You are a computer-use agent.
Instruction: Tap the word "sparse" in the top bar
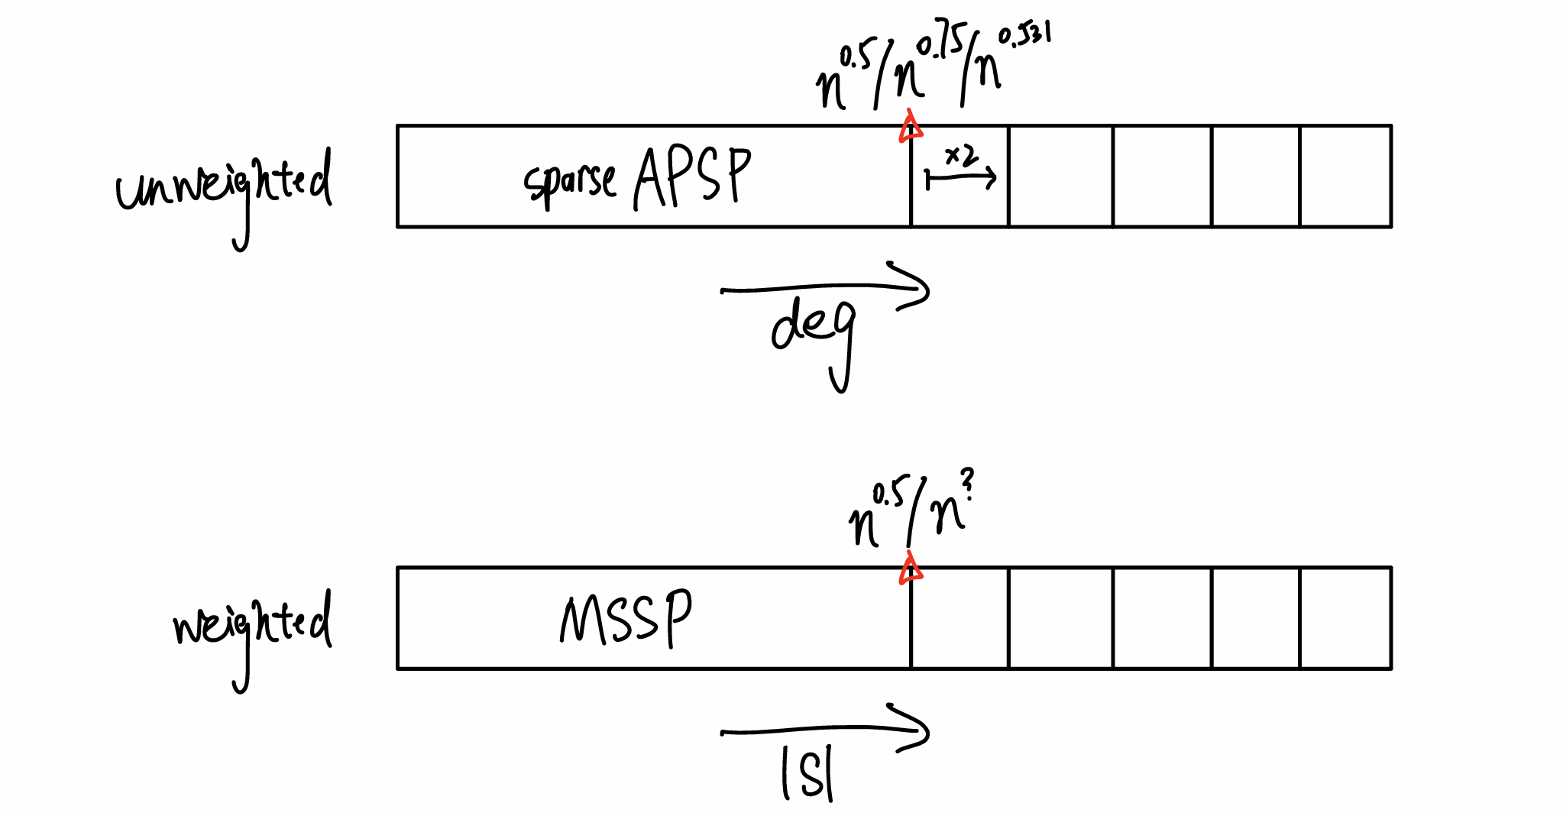click(x=569, y=182)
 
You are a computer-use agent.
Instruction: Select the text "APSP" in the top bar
click(x=692, y=177)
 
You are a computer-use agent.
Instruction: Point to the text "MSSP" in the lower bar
click(x=626, y=619)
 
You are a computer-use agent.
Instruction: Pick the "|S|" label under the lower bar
click(x=807, y=773)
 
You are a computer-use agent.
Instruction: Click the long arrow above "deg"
click(x=825, y=288)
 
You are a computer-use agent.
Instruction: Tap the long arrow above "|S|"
click(x=825, y=730)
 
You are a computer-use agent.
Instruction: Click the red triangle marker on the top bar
click(x=910, y=128)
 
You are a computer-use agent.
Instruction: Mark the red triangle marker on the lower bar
click(x=910, y=570)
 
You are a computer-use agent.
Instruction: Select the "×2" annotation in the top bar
click(x=960, y=156)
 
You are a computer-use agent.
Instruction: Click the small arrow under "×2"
click(x=960, y=179)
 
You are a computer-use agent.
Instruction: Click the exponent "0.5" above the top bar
click(x=855, y=57)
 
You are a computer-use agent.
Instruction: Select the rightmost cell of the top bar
click(x=1345, y=176)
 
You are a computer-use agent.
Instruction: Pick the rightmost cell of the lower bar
click(x=1345, y=618)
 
